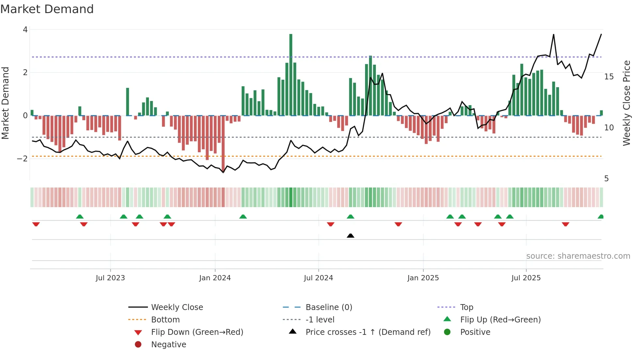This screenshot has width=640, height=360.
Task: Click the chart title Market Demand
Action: (x=47, y=9)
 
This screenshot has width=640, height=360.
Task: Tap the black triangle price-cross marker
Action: (x=350, y=236)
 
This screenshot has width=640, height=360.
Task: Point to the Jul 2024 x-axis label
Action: (x=318, y=278)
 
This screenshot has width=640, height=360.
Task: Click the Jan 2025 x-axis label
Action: (x=423, y=278)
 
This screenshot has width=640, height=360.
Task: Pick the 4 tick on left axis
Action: (x=25, y=30)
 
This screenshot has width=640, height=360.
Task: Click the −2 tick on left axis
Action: (x=23, y=159)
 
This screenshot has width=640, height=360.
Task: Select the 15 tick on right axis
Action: (x=609, y=77)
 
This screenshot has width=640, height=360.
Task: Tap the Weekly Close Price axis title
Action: (x=626, y=103)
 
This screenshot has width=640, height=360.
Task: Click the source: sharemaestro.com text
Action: (x=578, y=256)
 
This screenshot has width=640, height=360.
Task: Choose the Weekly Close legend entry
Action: (x=177, y=307)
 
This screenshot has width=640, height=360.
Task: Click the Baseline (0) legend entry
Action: (x=328, y=307)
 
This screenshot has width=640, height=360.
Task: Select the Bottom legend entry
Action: (x=165, y=320)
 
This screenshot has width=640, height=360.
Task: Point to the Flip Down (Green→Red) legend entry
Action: (x=197, y=332)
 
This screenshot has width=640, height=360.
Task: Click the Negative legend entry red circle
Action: (x=138, y=345)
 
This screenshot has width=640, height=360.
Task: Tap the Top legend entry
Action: (x=466, y=307)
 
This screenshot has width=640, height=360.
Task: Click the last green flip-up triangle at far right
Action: (x=600, y=217)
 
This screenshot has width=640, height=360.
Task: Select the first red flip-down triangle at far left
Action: (x=36, y=224)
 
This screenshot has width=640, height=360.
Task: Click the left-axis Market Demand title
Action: (x=5, y=103)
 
